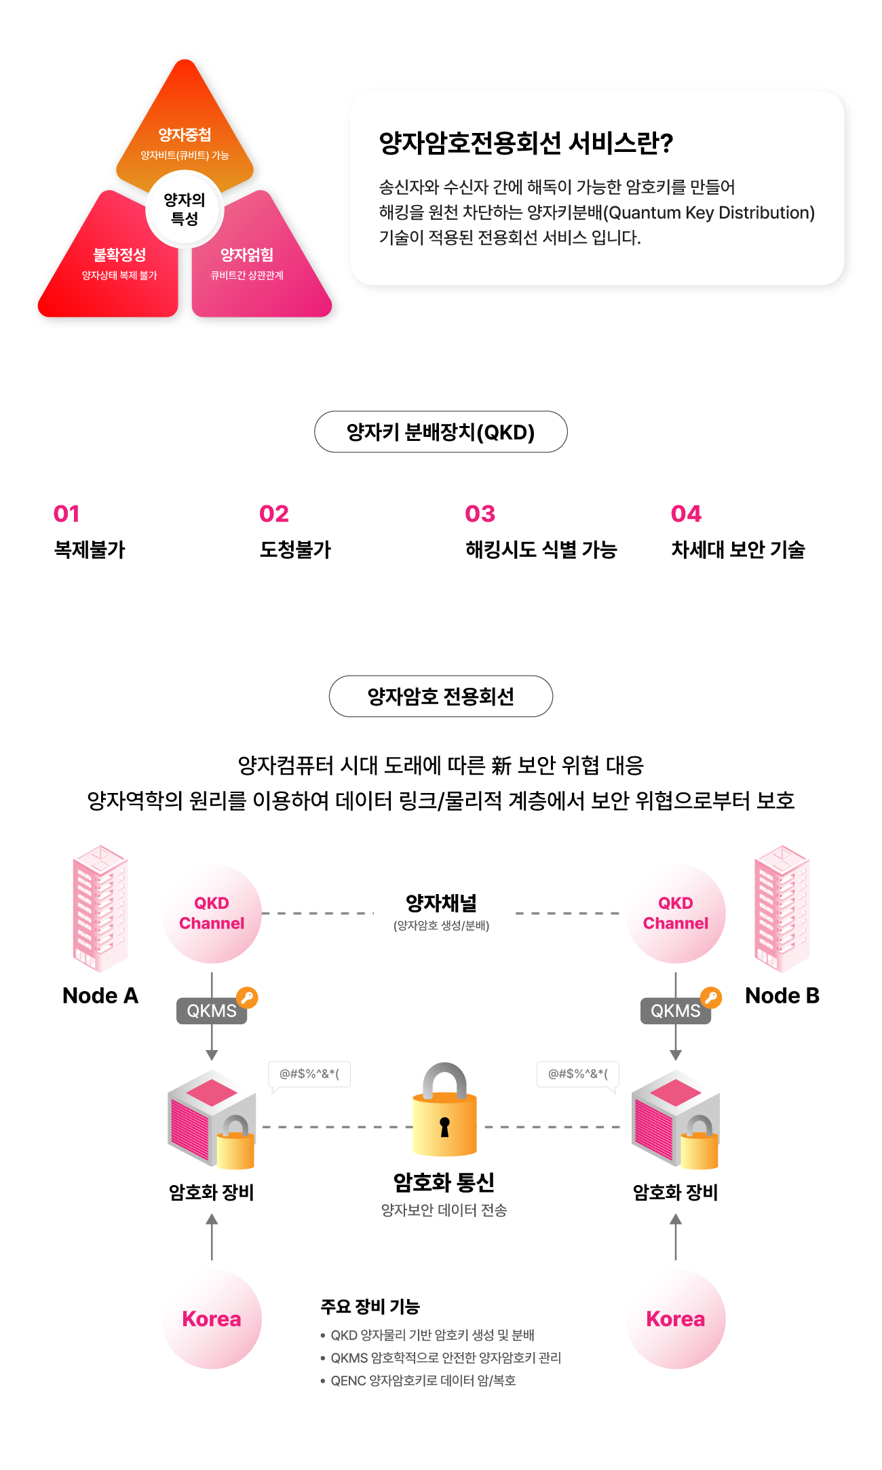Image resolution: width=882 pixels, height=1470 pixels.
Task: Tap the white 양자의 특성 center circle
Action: [x=185, y=210]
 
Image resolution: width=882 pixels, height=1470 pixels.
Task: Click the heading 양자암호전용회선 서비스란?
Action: [x=526, y=143]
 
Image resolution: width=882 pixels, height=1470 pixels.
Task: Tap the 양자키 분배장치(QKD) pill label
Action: [x=441, y=431]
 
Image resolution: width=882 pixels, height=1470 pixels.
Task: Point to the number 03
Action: [x=480, y=514]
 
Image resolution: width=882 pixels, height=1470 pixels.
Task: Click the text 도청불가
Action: [x=295, y=549]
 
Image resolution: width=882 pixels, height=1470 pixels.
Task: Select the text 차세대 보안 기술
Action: [x=738, y=549]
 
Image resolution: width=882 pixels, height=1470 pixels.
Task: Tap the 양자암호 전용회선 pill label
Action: [x=441, y=696]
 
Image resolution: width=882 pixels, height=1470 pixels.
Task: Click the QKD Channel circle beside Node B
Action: [x=676, y=913]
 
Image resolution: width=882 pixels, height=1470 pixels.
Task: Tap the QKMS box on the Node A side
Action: [x=212, y=1011]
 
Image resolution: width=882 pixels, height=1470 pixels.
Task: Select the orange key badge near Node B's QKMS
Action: [x=711, y=997]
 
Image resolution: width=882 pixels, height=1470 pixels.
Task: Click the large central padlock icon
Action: [x=444, y=1109]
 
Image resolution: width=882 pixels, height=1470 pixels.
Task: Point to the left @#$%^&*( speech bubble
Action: [x=309, y=1075]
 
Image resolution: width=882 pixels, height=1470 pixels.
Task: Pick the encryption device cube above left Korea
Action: [x=212, y=1119]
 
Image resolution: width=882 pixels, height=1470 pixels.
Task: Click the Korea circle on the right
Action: [x=676, y=1319]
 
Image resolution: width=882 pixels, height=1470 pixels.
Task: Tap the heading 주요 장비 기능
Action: [x=370, y=1307]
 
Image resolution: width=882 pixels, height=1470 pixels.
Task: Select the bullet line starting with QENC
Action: [x=419, y=1380]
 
